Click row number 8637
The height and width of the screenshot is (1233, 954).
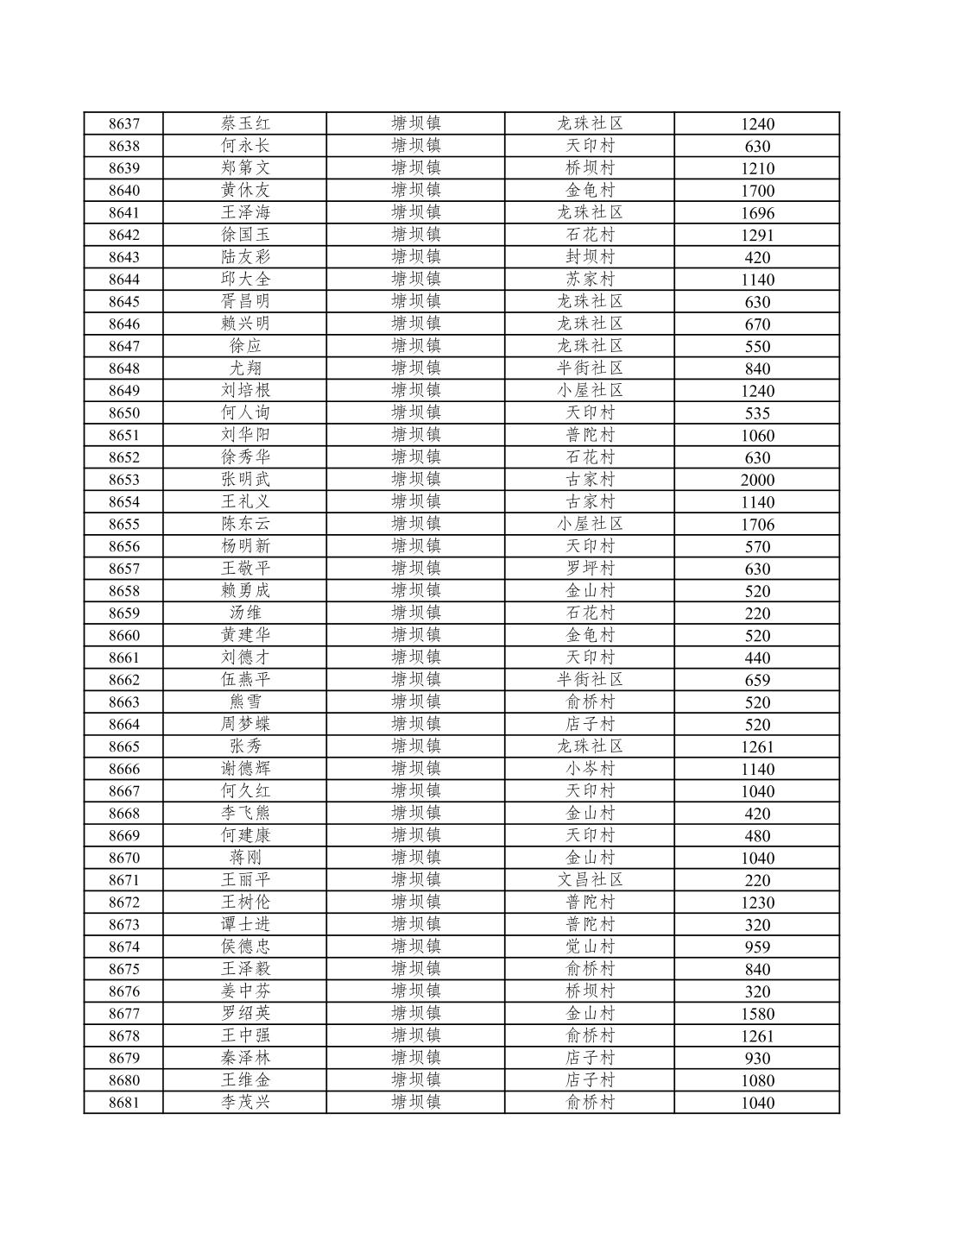[123, 124]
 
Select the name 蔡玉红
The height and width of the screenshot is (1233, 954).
[245, 124]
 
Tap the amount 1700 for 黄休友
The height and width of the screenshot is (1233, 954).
[757, 191]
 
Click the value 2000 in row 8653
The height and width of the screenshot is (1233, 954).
[757, 481]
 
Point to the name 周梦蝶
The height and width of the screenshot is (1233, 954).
[245, 725]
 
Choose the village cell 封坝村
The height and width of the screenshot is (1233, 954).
[590, 257]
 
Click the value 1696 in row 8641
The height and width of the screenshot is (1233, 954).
[757, 213]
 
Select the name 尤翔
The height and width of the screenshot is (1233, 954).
[245, 368]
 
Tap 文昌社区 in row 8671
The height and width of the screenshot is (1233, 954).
[590, 880]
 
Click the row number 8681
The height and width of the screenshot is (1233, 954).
[123, 1103]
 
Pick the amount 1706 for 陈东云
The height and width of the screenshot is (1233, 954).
[757, 525]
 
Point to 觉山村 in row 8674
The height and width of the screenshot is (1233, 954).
[590, 947]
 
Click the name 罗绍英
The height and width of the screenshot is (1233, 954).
[245, 1014]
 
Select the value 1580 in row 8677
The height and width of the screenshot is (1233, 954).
[757, 1014]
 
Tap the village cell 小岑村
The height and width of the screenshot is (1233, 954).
[590, 769]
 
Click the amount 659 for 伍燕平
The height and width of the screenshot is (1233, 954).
[757, 680]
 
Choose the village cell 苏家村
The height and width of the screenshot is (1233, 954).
[590, 280]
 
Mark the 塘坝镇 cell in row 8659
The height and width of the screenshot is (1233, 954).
[415, 613]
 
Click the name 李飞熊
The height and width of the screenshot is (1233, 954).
[245, 814]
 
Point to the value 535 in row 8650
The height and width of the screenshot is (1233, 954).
[757, 413]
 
